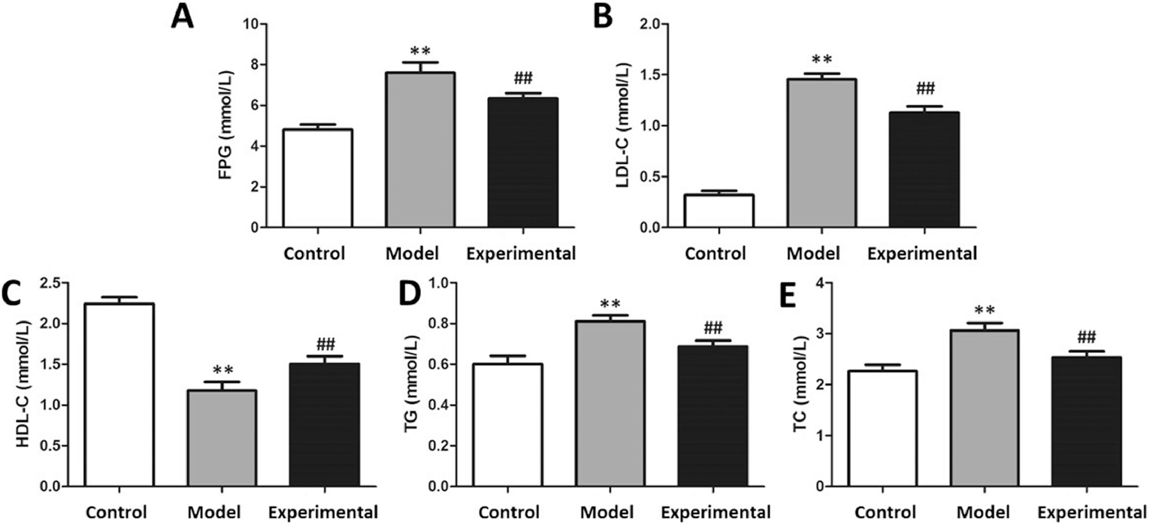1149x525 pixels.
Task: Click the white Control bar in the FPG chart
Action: [x=317, y=178]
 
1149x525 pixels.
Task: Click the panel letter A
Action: [x=182, y=18]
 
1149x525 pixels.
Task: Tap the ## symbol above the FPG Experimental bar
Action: [x=523, y=78]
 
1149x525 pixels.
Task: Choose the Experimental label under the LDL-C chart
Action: [x=922, y=253]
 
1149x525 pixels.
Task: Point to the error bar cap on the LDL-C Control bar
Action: [x=719, y=191]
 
